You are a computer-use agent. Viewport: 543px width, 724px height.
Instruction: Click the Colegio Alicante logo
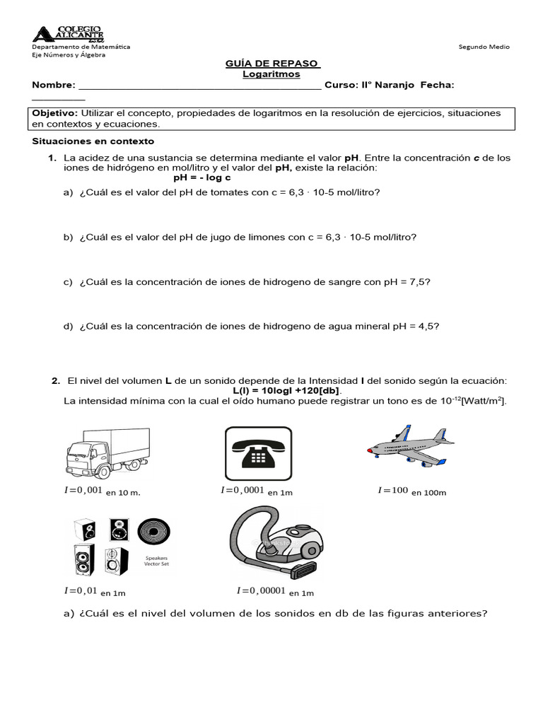tap(69, 33)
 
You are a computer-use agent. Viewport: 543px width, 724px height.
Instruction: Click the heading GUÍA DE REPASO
tap(272, 64)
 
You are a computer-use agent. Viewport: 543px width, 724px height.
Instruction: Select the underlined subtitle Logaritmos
tap(271, 74)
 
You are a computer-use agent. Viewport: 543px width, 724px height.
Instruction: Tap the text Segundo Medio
tap(484, 47)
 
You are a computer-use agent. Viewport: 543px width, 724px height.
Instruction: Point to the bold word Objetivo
tap(55, 113)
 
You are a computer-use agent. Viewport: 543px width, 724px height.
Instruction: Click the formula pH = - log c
tap(202, 177)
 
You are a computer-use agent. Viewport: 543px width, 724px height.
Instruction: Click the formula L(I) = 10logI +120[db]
tap(286, 391)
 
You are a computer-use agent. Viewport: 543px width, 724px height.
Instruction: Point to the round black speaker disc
tap(154, 531)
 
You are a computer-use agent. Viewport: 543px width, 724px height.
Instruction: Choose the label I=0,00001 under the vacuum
tap(262, 590)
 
